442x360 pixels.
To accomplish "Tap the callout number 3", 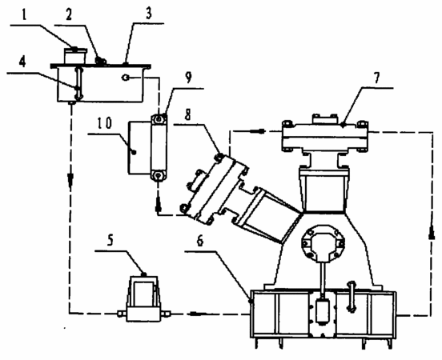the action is pos(149,14).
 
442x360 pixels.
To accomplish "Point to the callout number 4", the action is pos(22,62).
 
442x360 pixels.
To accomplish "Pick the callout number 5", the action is pos(110,241).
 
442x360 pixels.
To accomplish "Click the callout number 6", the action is pos(200,242).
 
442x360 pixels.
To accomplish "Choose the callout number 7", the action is pos(377,78).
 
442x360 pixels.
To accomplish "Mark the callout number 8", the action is pos(187,115).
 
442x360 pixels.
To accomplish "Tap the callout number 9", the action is pos(188,78).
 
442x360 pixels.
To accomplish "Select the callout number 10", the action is pos(105,123).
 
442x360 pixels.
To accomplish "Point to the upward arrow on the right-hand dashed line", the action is pos(432,233).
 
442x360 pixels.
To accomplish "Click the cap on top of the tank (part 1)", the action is pos(75,56).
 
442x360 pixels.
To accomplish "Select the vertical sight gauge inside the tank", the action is pos(78,83).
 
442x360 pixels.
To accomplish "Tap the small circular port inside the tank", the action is pos(126,78).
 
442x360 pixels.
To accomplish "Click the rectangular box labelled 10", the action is pos(139,147).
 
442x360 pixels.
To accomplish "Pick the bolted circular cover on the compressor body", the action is pos(323,243).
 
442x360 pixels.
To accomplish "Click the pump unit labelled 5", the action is pos(144,298).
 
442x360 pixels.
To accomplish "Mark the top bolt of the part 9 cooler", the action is pos(159,119).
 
